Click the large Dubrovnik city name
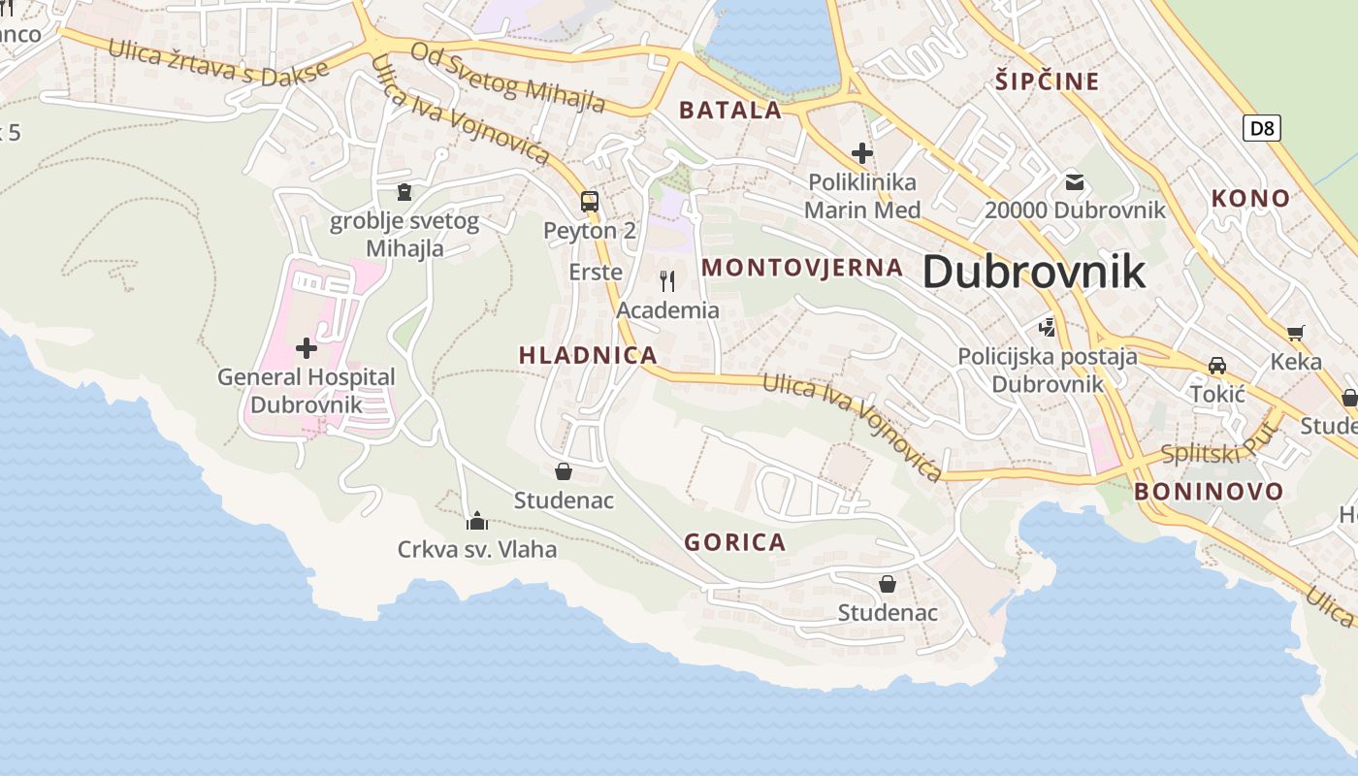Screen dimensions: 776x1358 (x=1033, y=272)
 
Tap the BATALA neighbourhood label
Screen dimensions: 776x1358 (x=730, y=110)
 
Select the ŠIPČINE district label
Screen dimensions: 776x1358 (x=1047, y=81)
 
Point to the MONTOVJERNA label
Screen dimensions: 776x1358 (x=802, y=268)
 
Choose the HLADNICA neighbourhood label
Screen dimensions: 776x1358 (x=589, y=355)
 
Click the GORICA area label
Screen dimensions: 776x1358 (x=735, y=542)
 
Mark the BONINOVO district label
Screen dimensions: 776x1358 (x=1209, y=491)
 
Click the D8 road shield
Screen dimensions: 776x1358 (x=1261, y=127)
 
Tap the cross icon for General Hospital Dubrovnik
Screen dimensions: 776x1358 (x=307, y=347)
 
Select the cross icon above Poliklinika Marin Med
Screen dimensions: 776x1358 (x=861, y=153)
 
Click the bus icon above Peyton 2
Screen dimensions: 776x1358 (x=589, y=202)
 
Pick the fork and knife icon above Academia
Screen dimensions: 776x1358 (x=667, y=281)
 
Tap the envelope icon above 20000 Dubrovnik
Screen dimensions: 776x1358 (x=1075, y=181)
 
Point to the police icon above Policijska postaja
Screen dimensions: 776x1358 (x=1047, y=327)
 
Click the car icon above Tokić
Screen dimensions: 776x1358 (x=1217, y=365)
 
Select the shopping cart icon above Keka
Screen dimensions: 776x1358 (x=1296, y=334)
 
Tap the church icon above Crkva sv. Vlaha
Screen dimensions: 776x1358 (x=477, y=522)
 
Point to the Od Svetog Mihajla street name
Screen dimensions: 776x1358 (x=508, y=77)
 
